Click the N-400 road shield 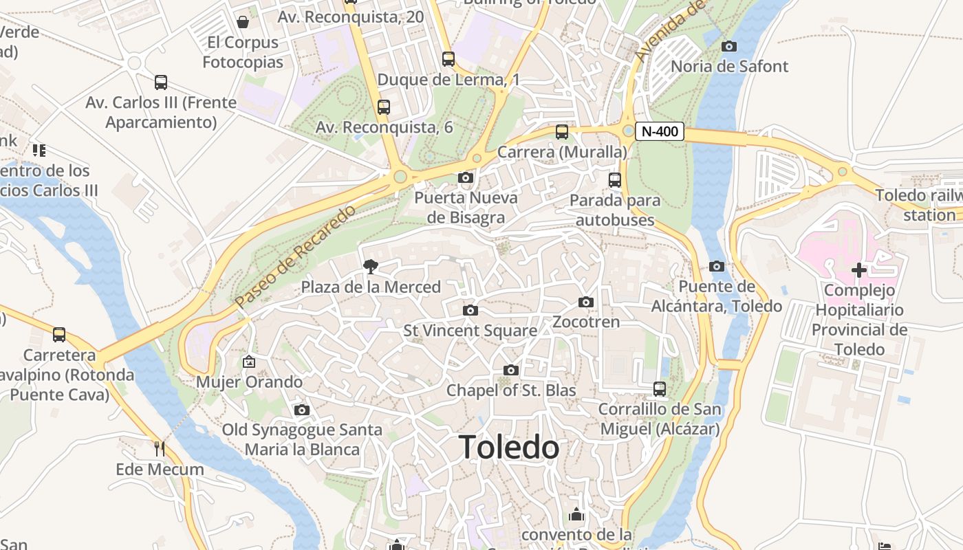point(659,131)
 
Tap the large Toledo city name point(509,448)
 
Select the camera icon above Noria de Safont point(729,47)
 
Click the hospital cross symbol point(858,270)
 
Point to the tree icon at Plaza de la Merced point(371,267)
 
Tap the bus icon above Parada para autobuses point(615,180)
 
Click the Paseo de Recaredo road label point(295,256)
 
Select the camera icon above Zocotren point(586,302)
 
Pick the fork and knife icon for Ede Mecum point(160,449)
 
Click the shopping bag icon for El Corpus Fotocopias point(242,22)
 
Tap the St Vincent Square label point(470,331)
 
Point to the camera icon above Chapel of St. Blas point(510,371)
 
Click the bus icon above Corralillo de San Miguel point(660,389)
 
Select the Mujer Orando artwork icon point(249,362)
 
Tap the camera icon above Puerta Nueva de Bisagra point(466,178)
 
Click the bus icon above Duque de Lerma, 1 point(448,59)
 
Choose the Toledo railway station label point(918,205)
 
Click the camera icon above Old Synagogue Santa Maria point(301,410)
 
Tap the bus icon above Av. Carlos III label point(161,82)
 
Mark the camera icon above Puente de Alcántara point(717,266)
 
